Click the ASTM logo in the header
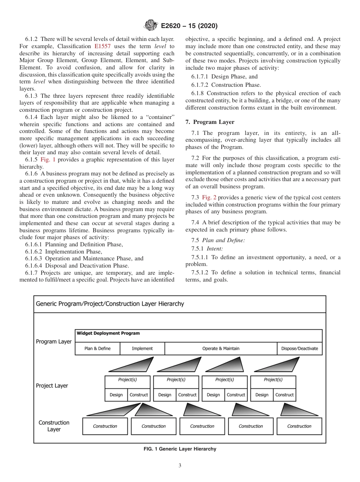(x=151, y=26)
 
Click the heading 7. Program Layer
(x=210, y=122)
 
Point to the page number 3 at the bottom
(x=180, y=466)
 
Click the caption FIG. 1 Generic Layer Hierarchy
(x=180, y=449)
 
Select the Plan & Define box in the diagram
(x=97, y=349)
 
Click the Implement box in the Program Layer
(x=142, y=349)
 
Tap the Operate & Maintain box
(x=221, y=349)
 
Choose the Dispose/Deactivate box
(x=299, y=349)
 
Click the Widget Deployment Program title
(x=108, y=333)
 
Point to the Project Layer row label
(x=52, y=386)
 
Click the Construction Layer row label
(x=54, y=426)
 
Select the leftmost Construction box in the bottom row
(x=105, y=426)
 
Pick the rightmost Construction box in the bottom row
(x=299, y=426)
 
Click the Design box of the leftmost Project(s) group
(x=116, y=395)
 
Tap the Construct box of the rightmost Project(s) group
(x=284, y=395)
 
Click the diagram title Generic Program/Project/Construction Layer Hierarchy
(x=110, y=304)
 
